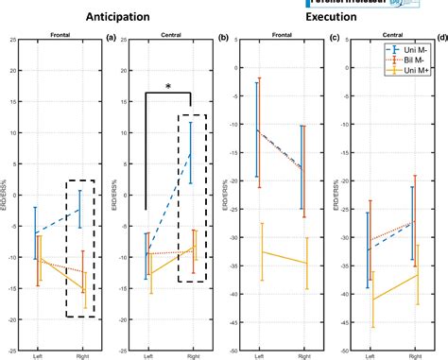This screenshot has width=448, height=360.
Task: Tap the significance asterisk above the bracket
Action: [167, 87]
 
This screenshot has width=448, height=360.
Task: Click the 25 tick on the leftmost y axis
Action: [12, 41]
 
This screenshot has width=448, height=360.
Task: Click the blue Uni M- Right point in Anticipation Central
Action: [190, 153]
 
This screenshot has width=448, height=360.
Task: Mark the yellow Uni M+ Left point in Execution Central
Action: [369, 300]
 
